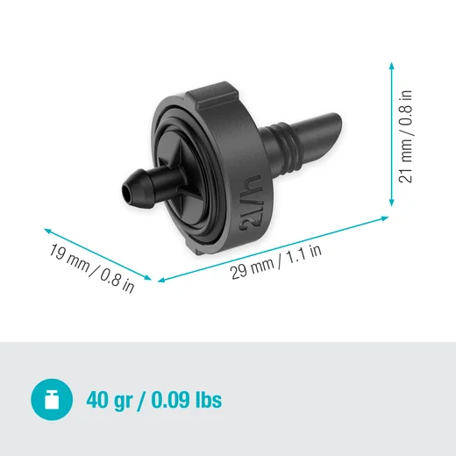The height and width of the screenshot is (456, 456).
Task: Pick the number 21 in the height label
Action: [x=405, y=174]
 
